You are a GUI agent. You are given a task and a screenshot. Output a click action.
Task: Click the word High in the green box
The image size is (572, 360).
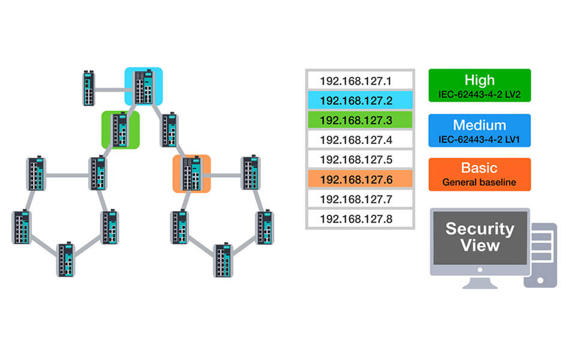[x=479, y=80]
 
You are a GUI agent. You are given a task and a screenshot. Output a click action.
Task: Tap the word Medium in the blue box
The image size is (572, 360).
[x=479, y=125]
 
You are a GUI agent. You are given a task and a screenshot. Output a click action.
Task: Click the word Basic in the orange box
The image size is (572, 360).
[x=479, y=169]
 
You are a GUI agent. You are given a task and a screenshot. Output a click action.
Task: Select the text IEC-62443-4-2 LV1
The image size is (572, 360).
[x=479, y=139]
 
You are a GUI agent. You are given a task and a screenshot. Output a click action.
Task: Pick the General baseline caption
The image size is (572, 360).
[x=479, y=182]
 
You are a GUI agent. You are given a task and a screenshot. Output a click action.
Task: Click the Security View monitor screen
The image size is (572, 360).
[x=480, y=237]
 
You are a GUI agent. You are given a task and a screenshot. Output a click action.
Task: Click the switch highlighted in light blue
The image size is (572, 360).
[x=144, y=87]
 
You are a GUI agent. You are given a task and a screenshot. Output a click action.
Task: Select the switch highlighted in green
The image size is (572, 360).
[x=121, y=130]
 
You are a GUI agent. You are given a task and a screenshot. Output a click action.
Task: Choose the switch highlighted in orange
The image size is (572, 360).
[x=192, y=174]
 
